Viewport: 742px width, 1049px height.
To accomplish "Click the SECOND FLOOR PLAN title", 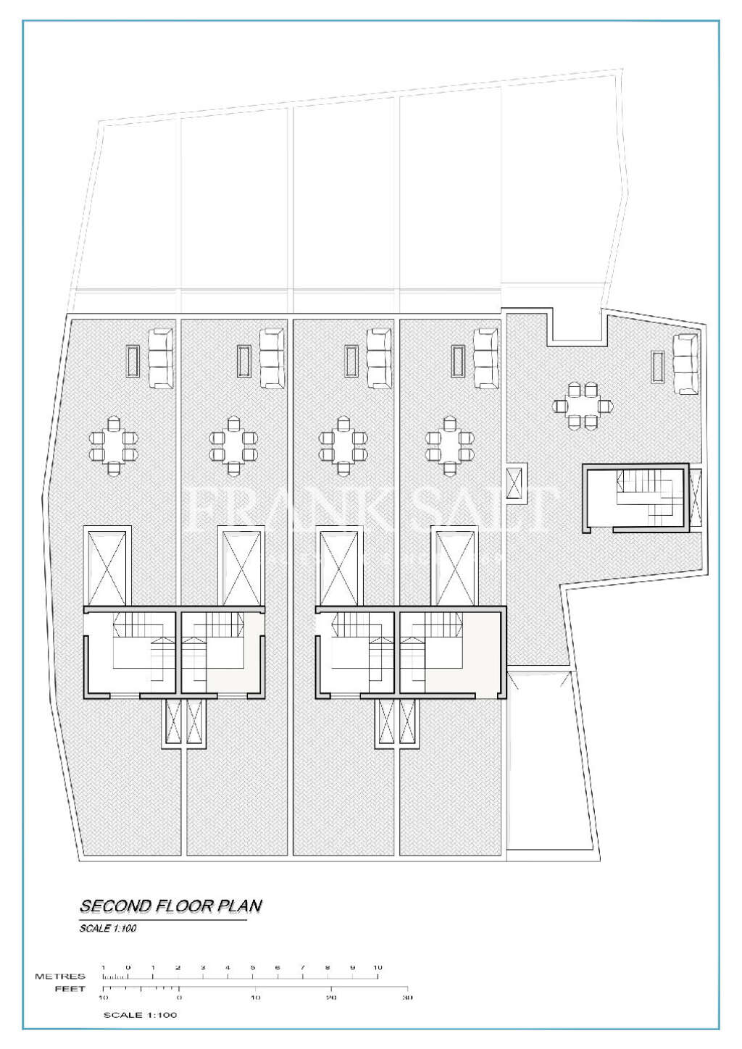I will click(x=170, y=906).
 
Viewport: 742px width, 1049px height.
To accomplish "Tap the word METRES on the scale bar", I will click(x=60, y=976).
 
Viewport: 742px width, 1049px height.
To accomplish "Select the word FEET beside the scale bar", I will click(x=70, y=988).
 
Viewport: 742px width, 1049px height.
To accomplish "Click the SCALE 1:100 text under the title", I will click(x=108, y=928).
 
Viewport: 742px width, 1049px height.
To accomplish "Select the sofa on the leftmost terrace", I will click(x=160, y=359).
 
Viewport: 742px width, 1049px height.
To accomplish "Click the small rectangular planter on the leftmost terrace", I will click(x=133, y=361).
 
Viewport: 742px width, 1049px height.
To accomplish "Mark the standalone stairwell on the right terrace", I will click(x=636, y=500).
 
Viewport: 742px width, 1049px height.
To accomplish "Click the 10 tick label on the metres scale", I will click(x=378, y=967).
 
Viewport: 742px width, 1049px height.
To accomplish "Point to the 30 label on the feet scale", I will click(x=407, y=998).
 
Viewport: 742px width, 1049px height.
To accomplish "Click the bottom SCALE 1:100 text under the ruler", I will click(x=140, y=1015).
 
